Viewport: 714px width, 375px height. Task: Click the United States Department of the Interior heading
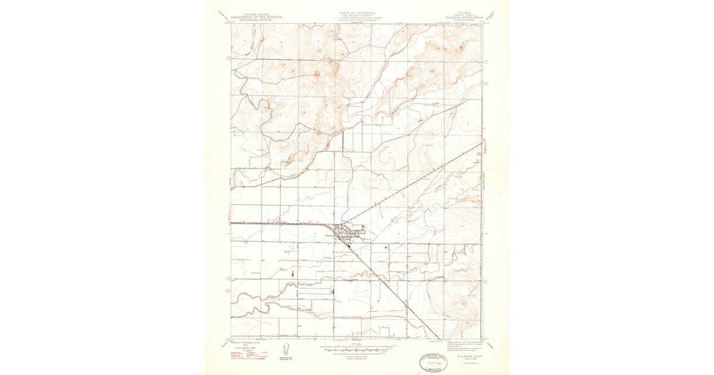(256, 18)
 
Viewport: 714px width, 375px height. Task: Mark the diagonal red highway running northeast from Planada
(416, 182)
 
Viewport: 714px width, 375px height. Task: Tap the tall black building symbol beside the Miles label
(292, 273)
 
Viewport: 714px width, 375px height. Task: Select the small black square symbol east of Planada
(386, 246)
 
